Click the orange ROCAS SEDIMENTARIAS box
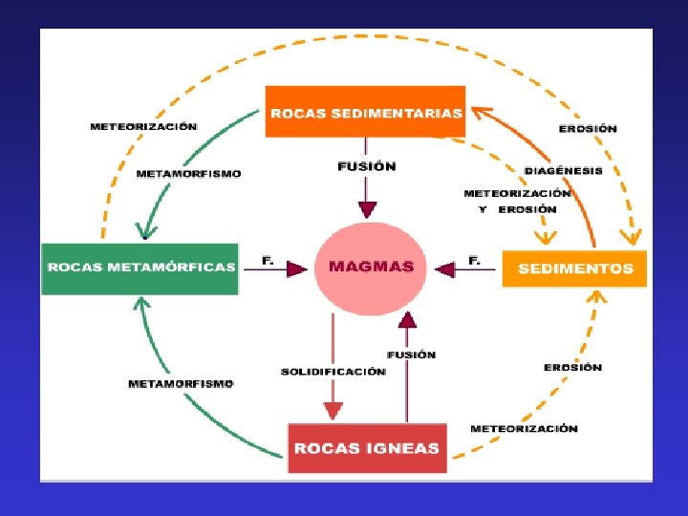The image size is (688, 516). tap(365, 112)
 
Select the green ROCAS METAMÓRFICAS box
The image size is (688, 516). tap(140, 268)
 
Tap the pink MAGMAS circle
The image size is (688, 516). tap(372, 267)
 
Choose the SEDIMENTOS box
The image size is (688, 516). tap(574, 269)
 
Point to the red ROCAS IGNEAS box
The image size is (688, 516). tap(367, 448)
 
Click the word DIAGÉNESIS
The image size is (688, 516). tap(564, 171)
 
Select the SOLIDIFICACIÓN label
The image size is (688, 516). tap(333, 371)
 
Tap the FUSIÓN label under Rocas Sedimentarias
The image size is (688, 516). tap(367, 166)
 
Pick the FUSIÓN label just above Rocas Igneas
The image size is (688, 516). tap(412, 355)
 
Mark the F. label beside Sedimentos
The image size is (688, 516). tap(474, 259)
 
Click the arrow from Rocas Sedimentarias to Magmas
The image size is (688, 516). tap(367, 196)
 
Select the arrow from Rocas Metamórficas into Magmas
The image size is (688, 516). tap(278, 271)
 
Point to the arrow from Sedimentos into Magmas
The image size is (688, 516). tap(466, 271)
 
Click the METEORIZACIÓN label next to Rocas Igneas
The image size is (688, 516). tap(524, 429)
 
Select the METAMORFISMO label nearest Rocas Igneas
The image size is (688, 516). tap(181, 383)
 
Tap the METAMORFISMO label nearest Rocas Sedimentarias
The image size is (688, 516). tap(189, 174)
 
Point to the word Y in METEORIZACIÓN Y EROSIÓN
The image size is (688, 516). tap(484, 209)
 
